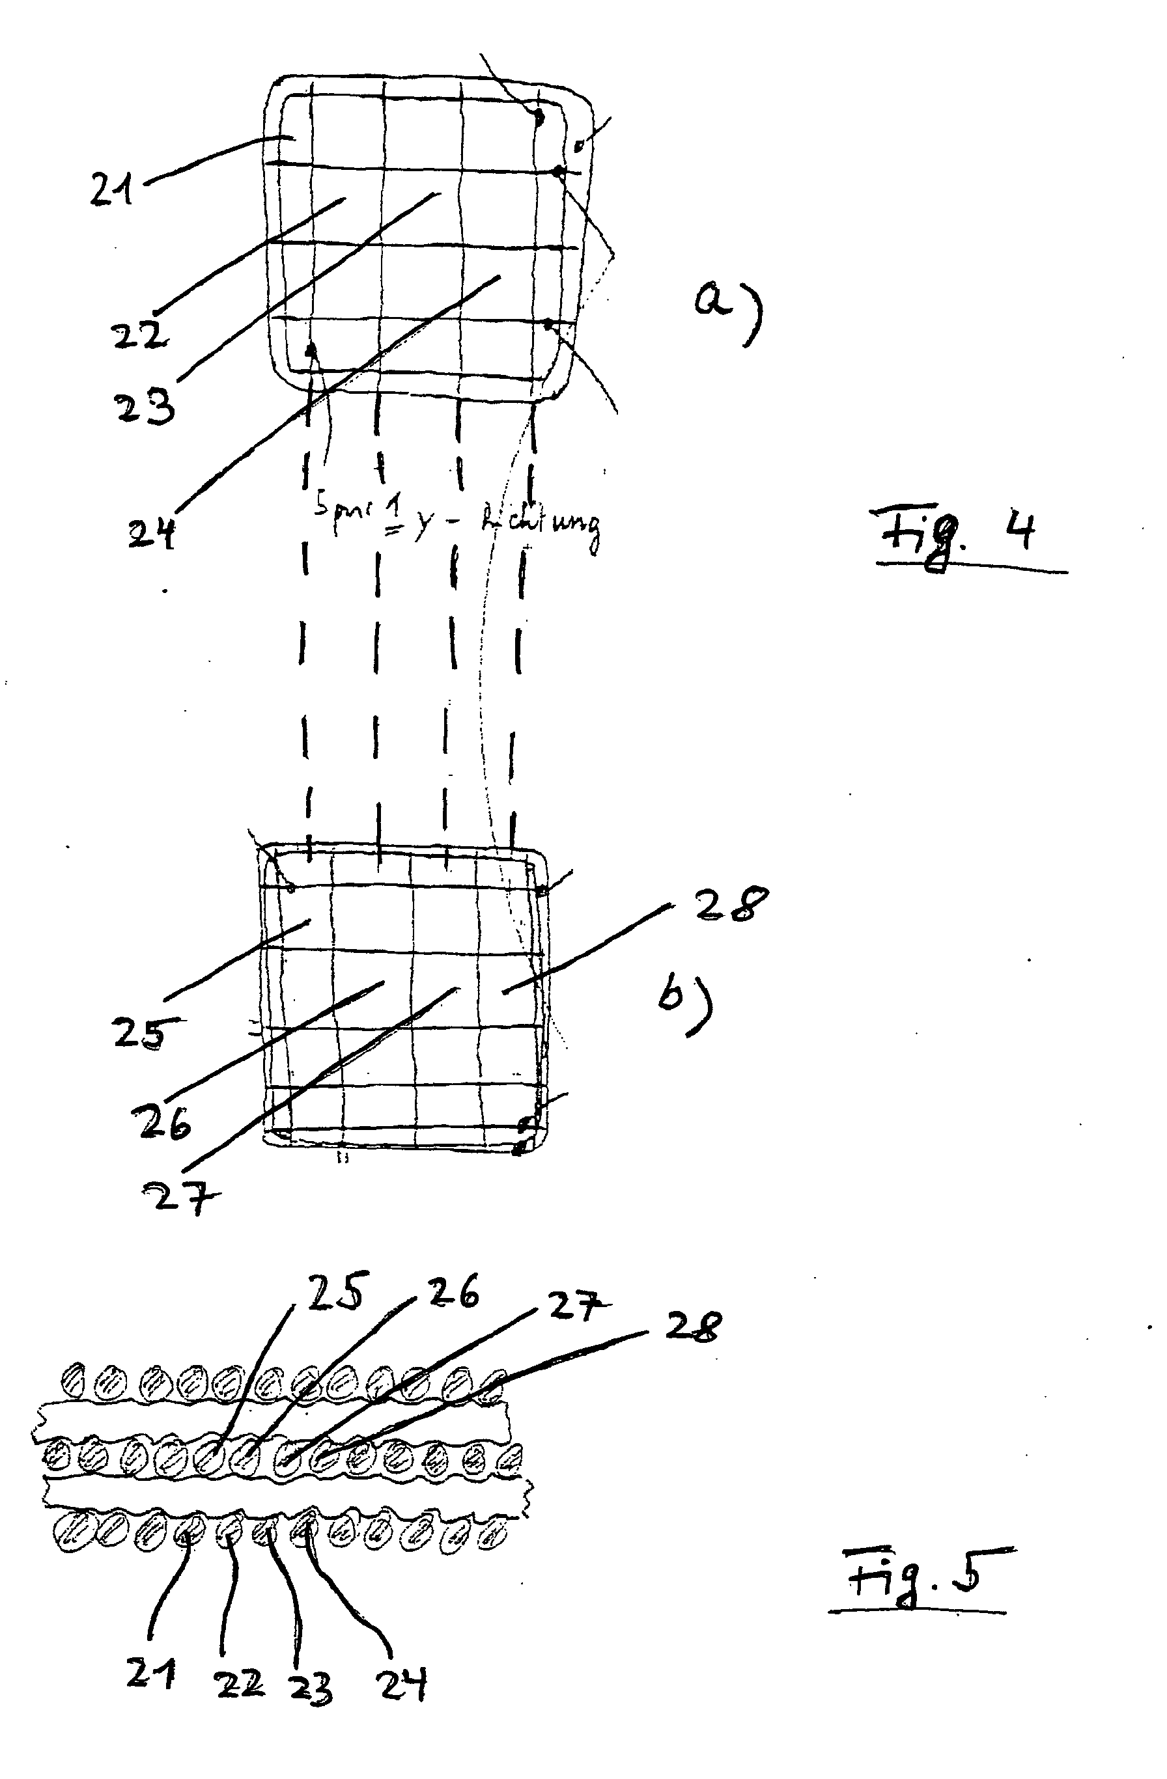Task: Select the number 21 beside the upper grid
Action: point(112,188)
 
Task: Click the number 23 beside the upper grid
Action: point(145,407)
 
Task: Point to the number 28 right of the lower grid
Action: point(729,906)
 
